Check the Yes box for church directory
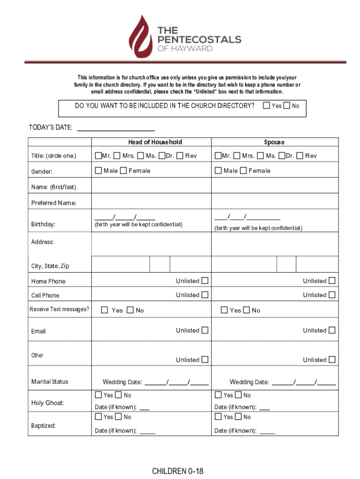coord(266,106)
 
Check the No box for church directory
coord(287,106)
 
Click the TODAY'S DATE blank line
coord(115,128)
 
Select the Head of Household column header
coord(155,142)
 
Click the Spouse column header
coord(274,142)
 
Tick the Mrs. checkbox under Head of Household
coord(117,155)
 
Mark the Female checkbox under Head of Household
coord(123,171)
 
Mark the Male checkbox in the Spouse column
coord(218,171)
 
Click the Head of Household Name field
coord(151,187)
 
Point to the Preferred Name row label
coord(54,203)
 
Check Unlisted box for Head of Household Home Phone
coord(205,281)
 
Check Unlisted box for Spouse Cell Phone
coord(332,295)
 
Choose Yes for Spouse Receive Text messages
coord(224,310)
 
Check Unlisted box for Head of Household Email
coord(205,330)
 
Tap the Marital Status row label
coord(50,382)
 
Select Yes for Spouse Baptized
coord(218,417)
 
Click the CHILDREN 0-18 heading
coord(178,471)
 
